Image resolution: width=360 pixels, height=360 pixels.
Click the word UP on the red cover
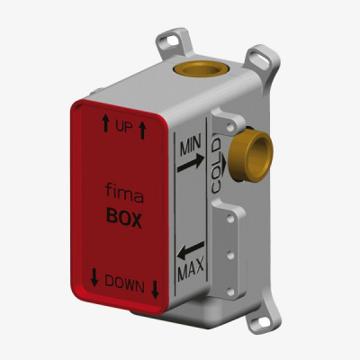coord(124,127)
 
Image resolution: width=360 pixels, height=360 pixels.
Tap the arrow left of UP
coord(105,123)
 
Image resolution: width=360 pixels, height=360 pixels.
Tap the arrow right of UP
coord(143,130)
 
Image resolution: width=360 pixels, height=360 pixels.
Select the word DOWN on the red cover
coord(124,284)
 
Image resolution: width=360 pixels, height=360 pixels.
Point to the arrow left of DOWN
coord(94,277)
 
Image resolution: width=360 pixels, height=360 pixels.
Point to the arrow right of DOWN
coord(155,290)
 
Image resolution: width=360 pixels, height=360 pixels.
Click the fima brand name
coord(124,193)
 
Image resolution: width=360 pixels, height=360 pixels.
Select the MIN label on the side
coord(191,147)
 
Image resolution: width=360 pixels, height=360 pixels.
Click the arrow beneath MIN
coord(191,164)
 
